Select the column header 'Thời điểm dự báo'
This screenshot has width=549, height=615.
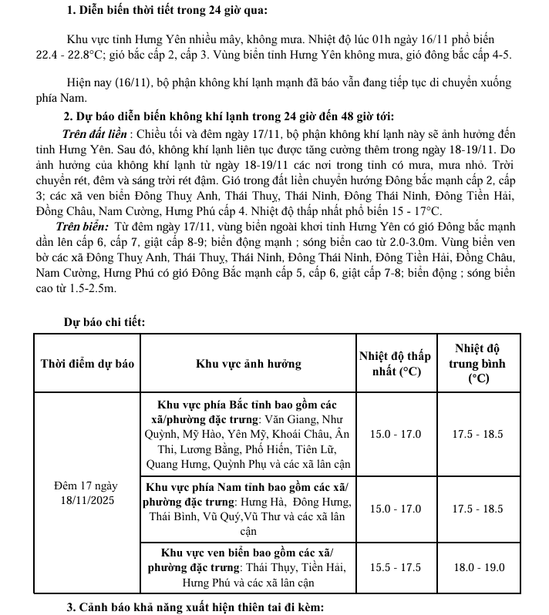pyautogui.click(x=87, y=364)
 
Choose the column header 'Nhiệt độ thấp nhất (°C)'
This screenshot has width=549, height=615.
pyautogui.click(x=396, y=364)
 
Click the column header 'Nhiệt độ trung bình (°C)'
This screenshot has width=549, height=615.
pyautogui.click(x=478, y=364)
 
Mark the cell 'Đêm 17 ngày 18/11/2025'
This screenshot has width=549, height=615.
pyautogui.click(x=87, y=493)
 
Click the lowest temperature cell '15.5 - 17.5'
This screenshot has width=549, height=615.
pyautogui.click(x=396, y=567)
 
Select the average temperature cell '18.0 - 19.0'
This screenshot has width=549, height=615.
pyautogui.click(x=478, y=567)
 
